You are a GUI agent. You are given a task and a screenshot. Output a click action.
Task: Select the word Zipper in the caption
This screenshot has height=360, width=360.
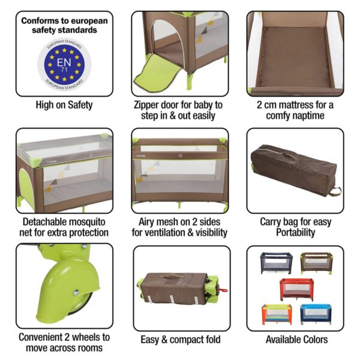(151, 105)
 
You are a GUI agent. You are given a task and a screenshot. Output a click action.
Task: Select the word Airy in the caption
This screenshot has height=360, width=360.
(144, 221)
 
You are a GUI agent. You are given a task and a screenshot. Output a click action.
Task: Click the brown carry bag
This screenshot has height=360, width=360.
(294, 172)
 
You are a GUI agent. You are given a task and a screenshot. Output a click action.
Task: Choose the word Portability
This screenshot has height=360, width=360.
(295, 232)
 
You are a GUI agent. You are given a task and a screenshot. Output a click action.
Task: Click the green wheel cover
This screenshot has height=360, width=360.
(57, 282)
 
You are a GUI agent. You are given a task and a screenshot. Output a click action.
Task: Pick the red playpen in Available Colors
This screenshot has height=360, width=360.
(296, 289)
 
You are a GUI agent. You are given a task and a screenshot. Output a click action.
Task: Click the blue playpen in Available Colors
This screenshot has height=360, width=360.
(315, 313)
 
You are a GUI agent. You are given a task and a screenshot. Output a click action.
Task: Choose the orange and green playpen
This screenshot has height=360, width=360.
(277, 313)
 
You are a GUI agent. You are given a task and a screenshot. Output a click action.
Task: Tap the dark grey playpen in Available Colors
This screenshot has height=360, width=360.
(277, 263)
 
